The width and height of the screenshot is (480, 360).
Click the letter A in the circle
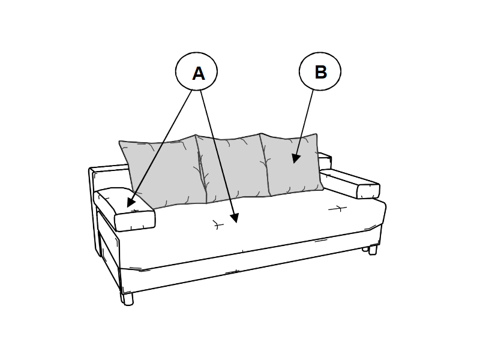click(199, 73)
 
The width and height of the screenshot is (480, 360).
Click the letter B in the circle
click(320, 72)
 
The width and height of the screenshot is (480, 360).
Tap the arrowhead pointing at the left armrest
click(131, 202)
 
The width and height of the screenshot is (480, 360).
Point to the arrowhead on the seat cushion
click(235, 218)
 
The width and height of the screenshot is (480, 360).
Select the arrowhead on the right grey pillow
click(296, 158)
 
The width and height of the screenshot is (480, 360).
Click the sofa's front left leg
click(127, 299)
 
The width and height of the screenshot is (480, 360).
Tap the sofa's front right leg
click(372, 250)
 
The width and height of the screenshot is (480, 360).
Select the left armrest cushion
click(125, 209)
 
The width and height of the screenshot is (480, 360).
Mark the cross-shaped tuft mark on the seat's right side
click(338, 209)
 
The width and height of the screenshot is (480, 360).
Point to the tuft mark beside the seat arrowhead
click(218, 225)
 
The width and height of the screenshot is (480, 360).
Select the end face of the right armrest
click(368, 191)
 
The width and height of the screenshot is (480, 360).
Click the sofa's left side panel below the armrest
click(109, 245)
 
